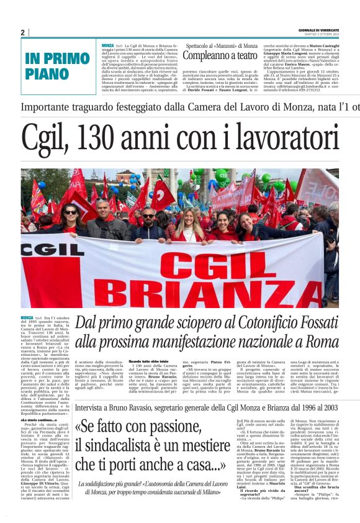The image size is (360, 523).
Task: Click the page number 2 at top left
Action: pyautogui.click(x=23, y=32)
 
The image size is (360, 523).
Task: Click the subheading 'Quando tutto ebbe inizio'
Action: pyautogui.click(x=149, y=362)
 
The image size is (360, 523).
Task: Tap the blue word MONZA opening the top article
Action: pyautogui.click(x=107, y=45)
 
